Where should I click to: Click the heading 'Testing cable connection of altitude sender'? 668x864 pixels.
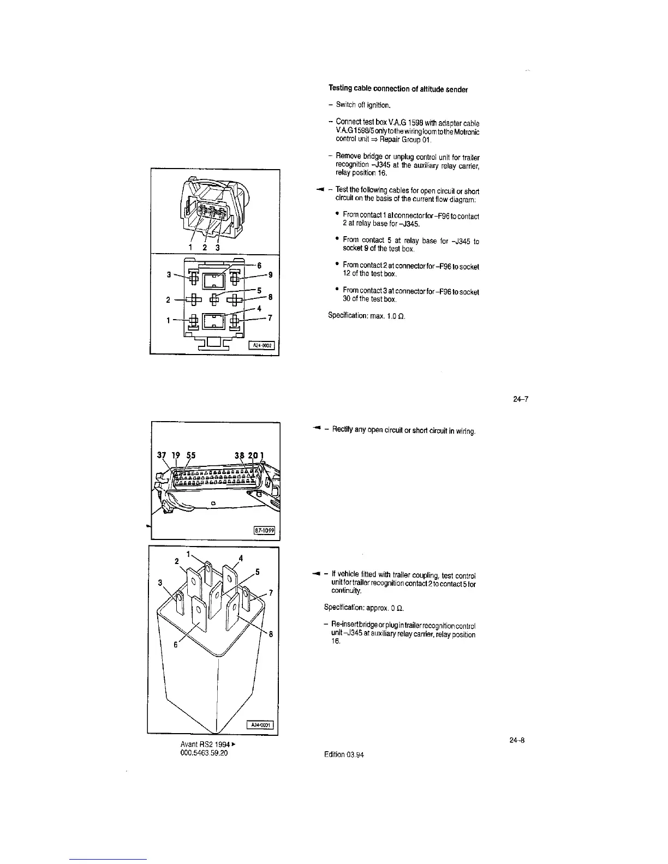398,89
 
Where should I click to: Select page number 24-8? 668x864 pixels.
517,740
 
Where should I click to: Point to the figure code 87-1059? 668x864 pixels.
264,530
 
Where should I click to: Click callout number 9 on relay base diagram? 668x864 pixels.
270,274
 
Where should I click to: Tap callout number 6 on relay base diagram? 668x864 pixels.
259,265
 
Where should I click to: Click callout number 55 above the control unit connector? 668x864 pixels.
191,456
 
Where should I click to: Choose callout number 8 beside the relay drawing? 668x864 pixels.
271,633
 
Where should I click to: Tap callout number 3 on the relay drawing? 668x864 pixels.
160,582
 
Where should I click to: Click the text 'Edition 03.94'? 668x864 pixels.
344,755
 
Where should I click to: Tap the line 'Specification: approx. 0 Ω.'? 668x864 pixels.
363,608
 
